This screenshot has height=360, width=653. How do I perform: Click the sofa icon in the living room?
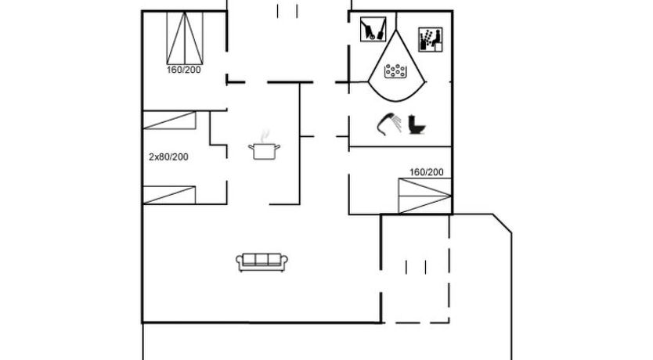pyautogui.click(x=262, y=262)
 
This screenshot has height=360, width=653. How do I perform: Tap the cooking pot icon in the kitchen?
pyautogui.click(x=264, y=151)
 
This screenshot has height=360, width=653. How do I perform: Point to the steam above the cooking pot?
pyautogui.click(x=265, y=135)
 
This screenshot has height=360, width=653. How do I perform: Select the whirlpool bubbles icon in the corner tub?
pyautogui.click(x=395, y=71)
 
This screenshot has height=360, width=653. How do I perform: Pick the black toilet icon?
pyautogui.click(x=417, y=124)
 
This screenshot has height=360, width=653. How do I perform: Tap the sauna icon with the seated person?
pyautogui.click(x=431, y=40)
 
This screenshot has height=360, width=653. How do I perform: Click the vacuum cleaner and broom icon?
pyautogui.click(x=373, y=29)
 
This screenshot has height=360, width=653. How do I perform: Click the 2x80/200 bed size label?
pyautogui.click(x=168, y=157)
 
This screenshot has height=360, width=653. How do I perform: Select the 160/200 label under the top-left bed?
pyautogui.click(x=184, y=70)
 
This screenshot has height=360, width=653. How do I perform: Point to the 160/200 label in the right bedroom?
pyautogui.click(x=427, y=172)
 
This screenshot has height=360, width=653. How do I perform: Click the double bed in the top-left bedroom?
pyautogui.click(x=185, y=38)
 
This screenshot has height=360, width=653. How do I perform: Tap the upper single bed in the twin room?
pyautogui.click(x=169, y=121)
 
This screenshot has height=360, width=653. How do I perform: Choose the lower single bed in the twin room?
pyautogui.click(x=169, y=195)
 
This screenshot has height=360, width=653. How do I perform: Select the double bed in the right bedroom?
pyautogui.click(x=425, y=196)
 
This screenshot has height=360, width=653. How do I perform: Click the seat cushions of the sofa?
pyautogui.click(x=262, y=260)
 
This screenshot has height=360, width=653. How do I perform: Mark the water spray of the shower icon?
pyautogui.click(x=398, y=123)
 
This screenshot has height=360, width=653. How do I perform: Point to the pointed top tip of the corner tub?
pyautogui.click(x=396, y=30)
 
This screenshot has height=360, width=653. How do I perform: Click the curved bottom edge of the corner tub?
pyautogui.click(x=396, y=100)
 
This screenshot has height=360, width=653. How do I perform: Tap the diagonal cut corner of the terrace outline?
pyautogui.click(x=502, y=224)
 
